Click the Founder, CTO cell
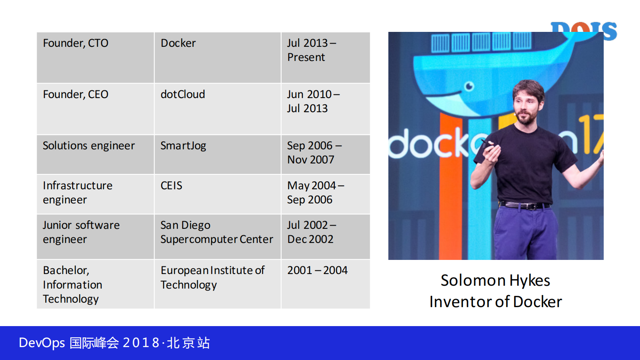(x=96, y=57)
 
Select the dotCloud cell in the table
(x=218, y=109)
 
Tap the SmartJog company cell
(x=218, y=155)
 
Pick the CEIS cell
(x=218, y=194)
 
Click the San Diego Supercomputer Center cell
(x=218, y=237)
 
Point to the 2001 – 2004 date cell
(x=326, y=284)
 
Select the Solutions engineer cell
(x=96, y=155)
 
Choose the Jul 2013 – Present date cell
(x=326, y=57)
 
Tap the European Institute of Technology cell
(x=218, y=284)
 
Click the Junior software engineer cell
(x=96, y=237)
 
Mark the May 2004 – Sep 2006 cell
(x=326, y=194)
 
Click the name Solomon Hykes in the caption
(x=495, y=280)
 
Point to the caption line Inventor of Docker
(x=496, y=301)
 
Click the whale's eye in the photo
(x=469, y=86)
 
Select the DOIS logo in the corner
(x=584, y=31)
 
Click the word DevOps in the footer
(x=42, y=343)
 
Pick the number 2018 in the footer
(x=141, y=343)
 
